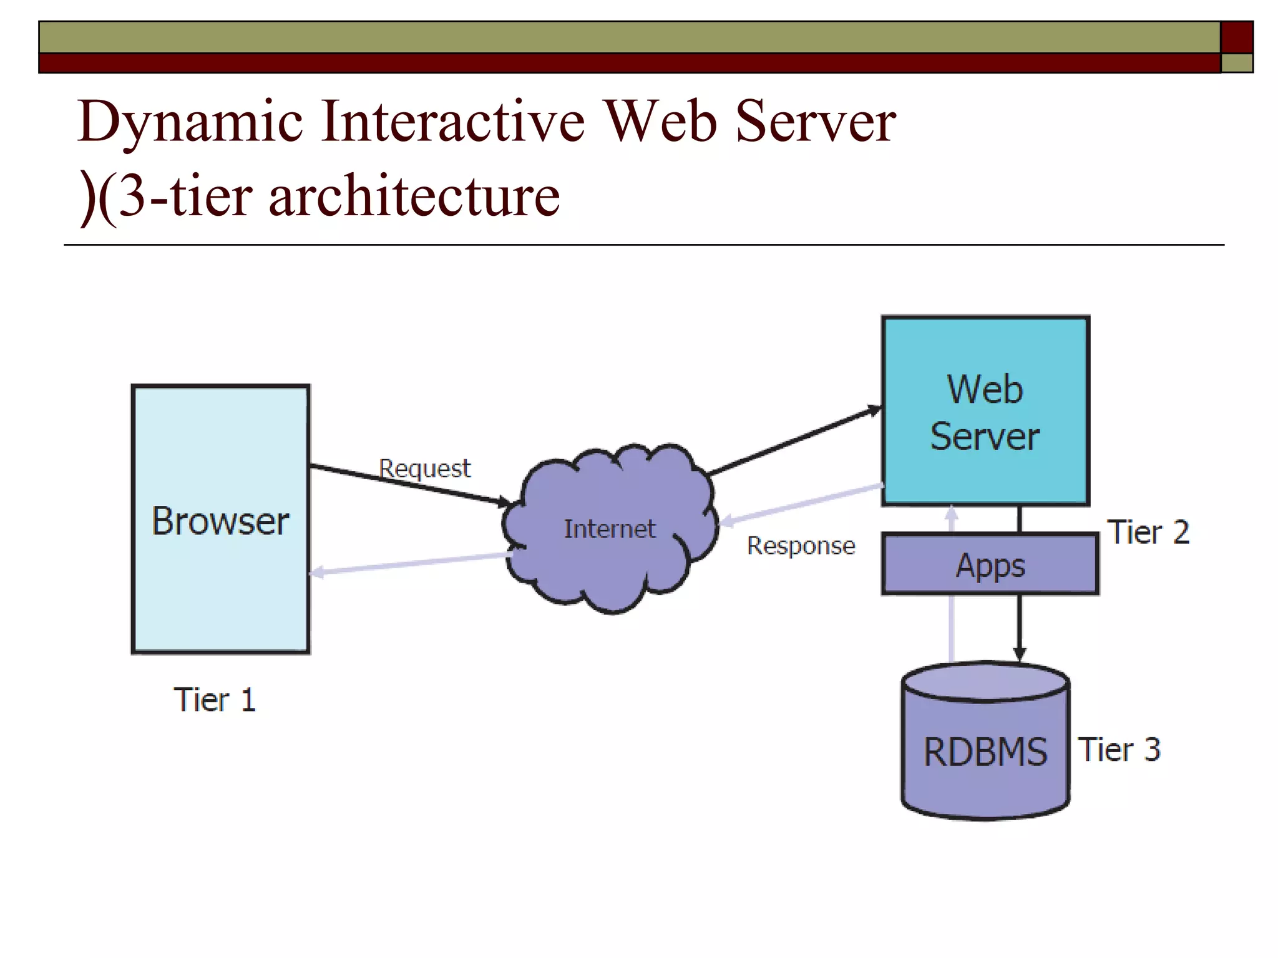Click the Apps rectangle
pos(990,565)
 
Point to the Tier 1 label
pos(215,700)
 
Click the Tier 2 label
pos(1148,533)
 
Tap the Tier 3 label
pos(1119,750)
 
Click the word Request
pos(424,468)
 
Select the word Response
pos(801,546)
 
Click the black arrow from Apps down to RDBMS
pos(1019,627)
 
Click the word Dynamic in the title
pos(190,122)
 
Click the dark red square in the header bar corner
pos(1236,37)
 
